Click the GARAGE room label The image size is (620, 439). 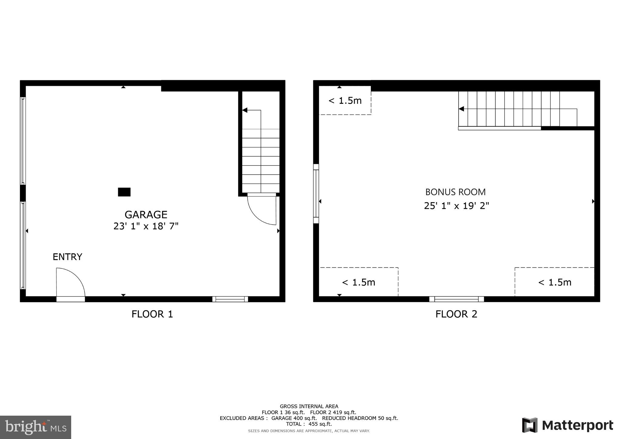tap(146, 215)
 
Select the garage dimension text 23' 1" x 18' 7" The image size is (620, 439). tap(146, 226)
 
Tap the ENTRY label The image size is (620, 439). tap(67, 257)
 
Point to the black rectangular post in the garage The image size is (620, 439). tap(124, 192)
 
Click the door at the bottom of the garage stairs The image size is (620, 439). tap(262, 209)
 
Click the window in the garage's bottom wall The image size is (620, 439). tap(230, 299)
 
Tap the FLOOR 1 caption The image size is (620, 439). tap(152, 314)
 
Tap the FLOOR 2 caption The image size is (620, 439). tap(456, 314)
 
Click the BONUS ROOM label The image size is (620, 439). tap(455, 192)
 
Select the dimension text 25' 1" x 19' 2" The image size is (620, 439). tap(456, 206)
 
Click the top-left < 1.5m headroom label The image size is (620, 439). tap(345, 101)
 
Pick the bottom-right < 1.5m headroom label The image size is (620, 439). tap(555, 282)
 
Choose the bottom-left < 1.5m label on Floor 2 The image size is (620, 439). tap(359, 282)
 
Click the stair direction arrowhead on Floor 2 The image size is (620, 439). tap(461, 109)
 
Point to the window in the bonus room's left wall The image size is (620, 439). tap(316, 193)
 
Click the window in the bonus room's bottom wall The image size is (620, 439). tap(456, 299)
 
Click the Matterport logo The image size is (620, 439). tap(568, 425)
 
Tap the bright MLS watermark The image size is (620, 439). tap(35, 427)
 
